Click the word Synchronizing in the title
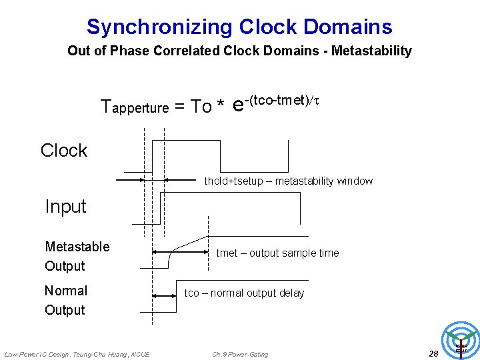pos(159,27)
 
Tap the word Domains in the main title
pos(347,27)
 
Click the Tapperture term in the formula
pos(134,106)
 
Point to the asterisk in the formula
pos(220,107)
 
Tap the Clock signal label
pos(64,151)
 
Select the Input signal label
pos(65,207)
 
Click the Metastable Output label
pos(77,256)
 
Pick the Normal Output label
pos(65,300)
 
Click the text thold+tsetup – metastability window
pos(288,181)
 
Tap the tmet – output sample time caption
pos(277,253)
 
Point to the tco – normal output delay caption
pos(244,293)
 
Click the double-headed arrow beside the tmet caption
pos(180,252)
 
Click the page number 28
pos(433,353)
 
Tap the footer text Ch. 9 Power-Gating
pos(240,354)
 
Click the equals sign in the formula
pos(179,107)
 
